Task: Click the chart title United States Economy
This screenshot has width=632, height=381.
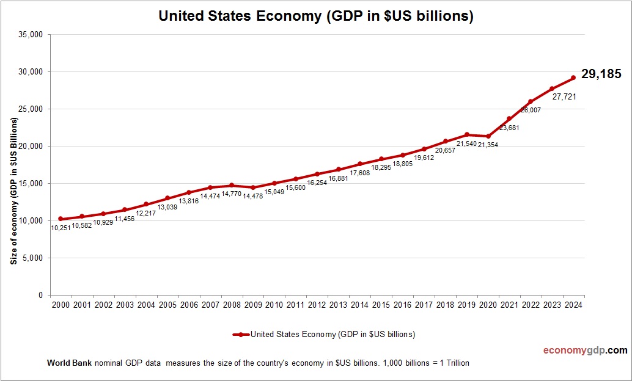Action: coord(316,16)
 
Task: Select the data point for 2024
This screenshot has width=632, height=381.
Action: coord(573,78)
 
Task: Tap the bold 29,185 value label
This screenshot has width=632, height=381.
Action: coord(601,74)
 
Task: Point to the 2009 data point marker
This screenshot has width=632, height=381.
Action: coord(253,187)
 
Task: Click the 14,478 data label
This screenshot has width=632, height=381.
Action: coord(252,197)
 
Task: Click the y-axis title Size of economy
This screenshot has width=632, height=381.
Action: coord(13,190)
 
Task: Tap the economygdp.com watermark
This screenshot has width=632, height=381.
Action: coord(585,350)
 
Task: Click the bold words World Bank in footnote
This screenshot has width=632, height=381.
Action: coord(69,363)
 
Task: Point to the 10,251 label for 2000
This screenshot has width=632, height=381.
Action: coord(61,228)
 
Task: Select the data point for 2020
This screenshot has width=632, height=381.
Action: coord(488,136)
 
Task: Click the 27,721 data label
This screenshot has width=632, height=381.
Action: coord(563,96)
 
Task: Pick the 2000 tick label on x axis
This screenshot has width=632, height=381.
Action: coord(61,305)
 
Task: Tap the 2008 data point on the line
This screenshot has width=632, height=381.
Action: coord(232,185)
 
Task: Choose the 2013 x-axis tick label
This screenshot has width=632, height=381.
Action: coord(338,305)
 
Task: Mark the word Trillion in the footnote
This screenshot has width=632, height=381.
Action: coord(454,363)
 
